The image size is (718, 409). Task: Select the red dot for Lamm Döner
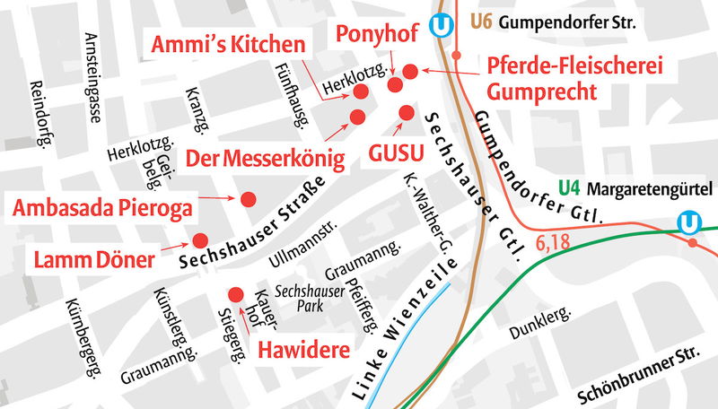(199, 240)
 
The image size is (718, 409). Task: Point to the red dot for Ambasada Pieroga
(249, 198)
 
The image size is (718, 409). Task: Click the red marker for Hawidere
(237, 293)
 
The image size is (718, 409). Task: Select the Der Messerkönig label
(265, 160)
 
